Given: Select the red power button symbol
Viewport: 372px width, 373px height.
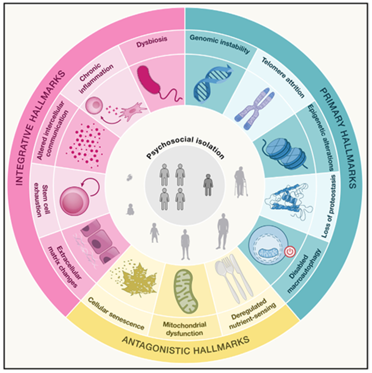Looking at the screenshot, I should (290, 252).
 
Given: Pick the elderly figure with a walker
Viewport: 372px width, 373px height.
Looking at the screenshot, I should (241, 182).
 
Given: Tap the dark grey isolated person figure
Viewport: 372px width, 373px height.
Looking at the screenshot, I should (208, 184).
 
